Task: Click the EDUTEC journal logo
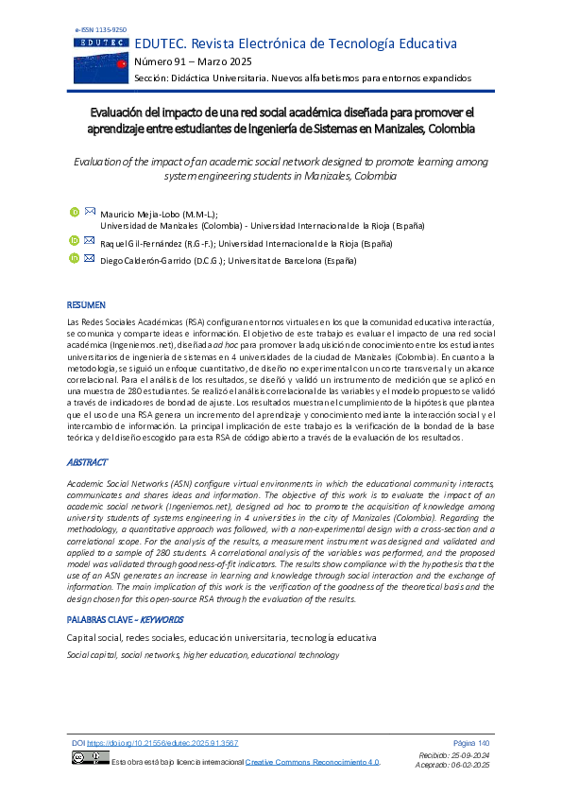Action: tap(102, 60)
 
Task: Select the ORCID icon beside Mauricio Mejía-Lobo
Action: tap(75, 212)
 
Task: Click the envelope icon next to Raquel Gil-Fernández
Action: tap(90, 240)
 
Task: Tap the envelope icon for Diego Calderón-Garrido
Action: tap(90, 257)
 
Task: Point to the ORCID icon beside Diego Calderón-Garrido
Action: tap(75, 258)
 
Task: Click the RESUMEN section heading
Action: tap(86, 305)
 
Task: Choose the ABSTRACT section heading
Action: tap(87, 463)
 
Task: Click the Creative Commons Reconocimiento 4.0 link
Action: tap(313, 761)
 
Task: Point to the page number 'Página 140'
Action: tap(471, 743)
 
